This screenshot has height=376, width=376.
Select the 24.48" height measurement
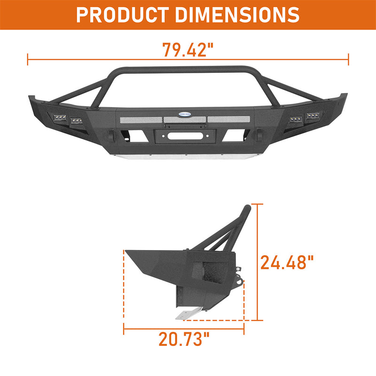tap(287, 262)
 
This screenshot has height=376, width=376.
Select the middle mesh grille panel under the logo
tap(185, 120)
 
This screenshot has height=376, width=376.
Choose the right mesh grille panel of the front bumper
tap(227, 119)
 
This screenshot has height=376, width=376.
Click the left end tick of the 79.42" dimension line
tap(28, 59)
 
